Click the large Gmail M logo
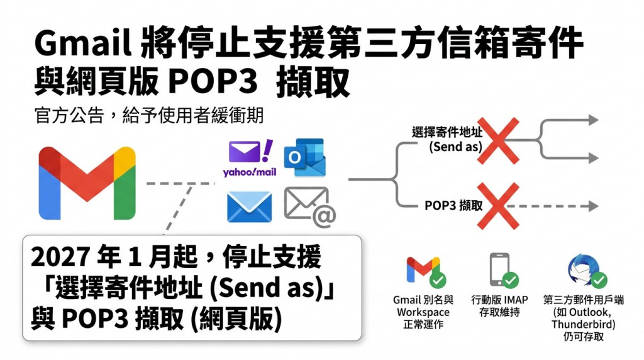pyautogui.click(x=87, y=183)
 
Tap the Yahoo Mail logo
pyautogui.click(x=250, y=158)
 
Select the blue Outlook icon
pyautogui.click(x=305, y=158)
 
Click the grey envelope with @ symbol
pyautogui.click(x=310, y=206)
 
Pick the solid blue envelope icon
pyautogui.click(x=249, y=206)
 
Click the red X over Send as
pyautogui.click(x=498, y=141)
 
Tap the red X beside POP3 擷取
pyautogui.click(x=498, y=206)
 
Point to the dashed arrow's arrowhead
pyautogui.click(x=594, y=206)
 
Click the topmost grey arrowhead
pyautogui.click(x=594, y=120)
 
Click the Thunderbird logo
pyautogui.click(x=584, y=269)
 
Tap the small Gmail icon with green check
pyautogui.click(x=423, y=271)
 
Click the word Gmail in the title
pyautogui.click(x=84, y=42)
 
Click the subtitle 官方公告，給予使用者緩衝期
pyautogui.click(x=149, y=115)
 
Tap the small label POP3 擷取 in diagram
pyautogui.click(x=453, y=205)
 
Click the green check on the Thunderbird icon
pyautogui.click(x=599, y=279)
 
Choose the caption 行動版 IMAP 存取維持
pyautogui.click(x=499, y=306)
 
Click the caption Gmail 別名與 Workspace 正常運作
pyautogui.click(x=423, y=312)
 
